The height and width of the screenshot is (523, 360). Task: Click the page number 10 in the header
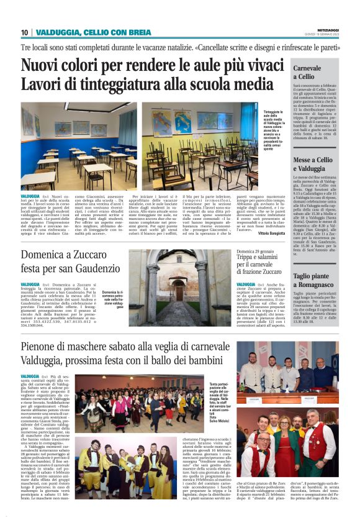point(24,32)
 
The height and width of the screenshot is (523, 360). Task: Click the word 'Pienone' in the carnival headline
point(43,347)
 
